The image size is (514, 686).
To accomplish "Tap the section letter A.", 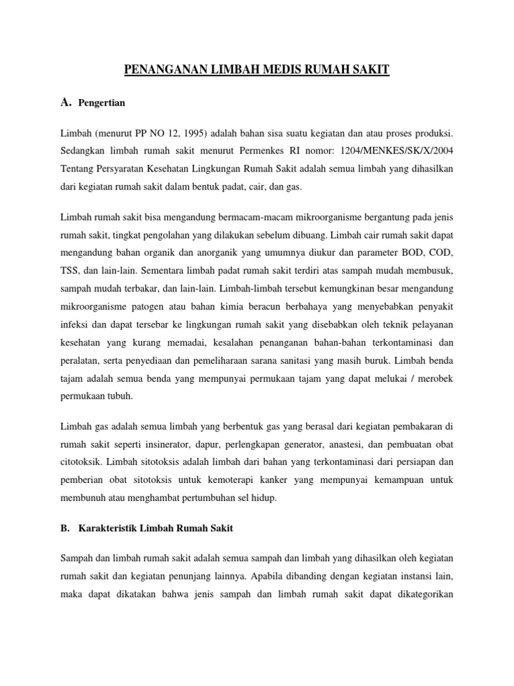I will [x=65, y=102].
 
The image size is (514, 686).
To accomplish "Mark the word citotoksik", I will [x=82, y=464].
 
